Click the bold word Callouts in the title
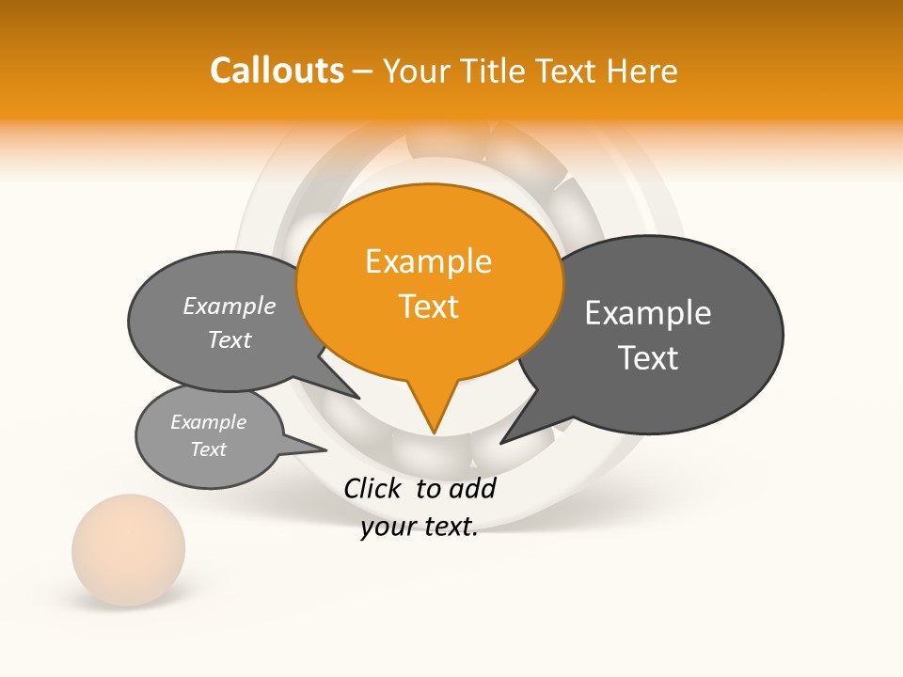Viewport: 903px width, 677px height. [277, 71]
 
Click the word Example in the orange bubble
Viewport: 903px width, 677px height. [428, 261]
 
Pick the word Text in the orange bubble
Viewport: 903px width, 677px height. [428, 307]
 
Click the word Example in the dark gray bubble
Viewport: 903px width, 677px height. [648, 313]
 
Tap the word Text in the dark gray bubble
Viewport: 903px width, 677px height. [648, 358]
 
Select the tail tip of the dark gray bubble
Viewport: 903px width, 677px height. [501, 442]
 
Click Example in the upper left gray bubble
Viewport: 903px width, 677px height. [230, 306]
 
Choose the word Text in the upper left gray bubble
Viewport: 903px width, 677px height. [230, 340]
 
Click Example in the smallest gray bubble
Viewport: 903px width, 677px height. [208, 422]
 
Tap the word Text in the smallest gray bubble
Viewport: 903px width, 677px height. [208, 449]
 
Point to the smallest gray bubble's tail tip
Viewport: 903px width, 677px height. [326, 449]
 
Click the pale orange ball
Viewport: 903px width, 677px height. [129, 550]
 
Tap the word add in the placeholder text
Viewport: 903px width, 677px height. [472, 488]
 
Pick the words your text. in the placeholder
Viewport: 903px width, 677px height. [420, 527]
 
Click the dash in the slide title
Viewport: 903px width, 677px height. [363, 71]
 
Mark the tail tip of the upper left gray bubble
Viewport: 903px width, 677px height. [359, 398]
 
